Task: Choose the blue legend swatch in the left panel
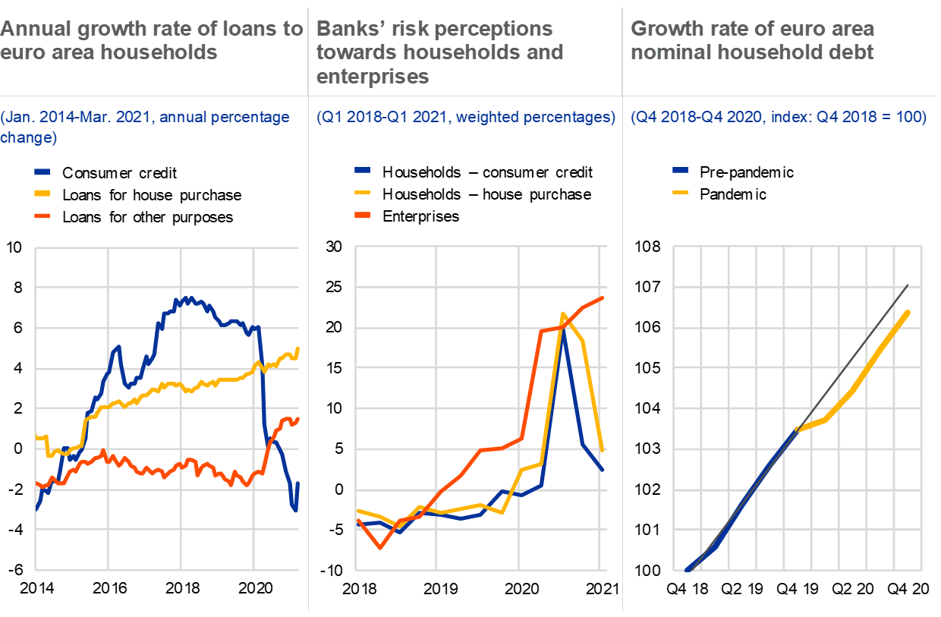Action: point(42,172)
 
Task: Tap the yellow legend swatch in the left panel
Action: point(42,194)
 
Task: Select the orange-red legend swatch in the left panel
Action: point(42,216)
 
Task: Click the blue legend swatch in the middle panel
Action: point(362,171)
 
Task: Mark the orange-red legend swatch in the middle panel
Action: point(362,215)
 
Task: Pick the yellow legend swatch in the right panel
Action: point(681,192)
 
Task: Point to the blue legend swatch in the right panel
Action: point(681,171)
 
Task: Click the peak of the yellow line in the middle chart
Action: point(562,313)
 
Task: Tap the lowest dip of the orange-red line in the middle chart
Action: point(380,547)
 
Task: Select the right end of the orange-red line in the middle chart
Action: point(603,297)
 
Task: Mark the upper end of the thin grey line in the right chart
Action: point(908,285)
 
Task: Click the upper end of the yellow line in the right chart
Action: point(908,312)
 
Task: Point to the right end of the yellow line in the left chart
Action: point(298,348)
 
